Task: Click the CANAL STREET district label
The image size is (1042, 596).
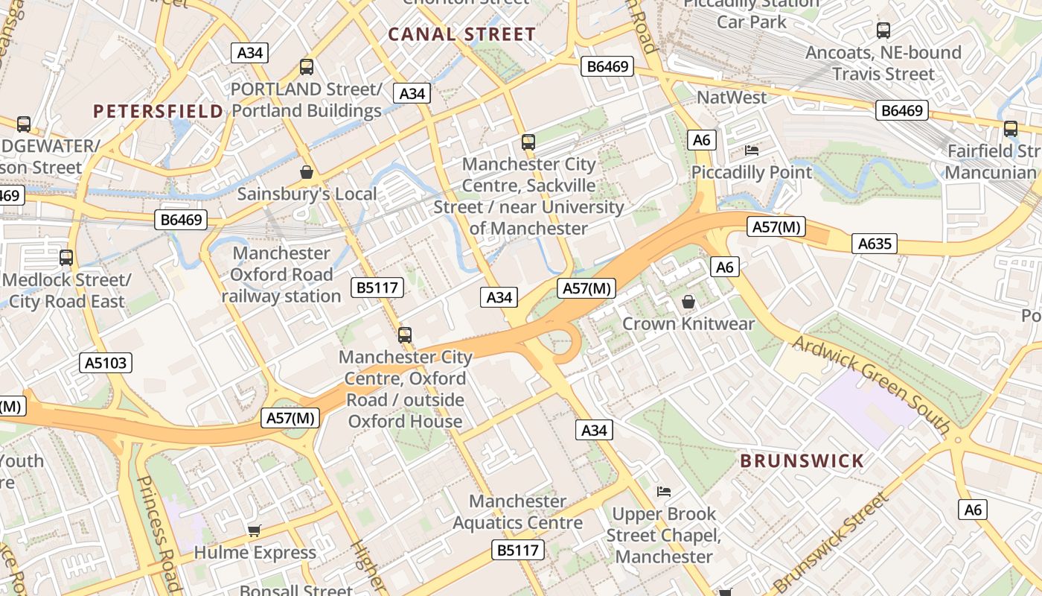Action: tap(461, 34)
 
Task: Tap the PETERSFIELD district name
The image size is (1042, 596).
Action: tap(158, 112)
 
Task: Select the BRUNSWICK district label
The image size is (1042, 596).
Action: tap(802, 460)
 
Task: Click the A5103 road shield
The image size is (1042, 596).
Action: tap(106, 363)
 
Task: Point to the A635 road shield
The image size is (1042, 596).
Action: tap(875, 244)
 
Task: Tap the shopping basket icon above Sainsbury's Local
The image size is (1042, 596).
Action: tap(306, 173)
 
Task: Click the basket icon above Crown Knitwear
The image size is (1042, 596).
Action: tap(688, 302)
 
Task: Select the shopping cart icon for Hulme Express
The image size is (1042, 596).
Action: tap(255, 530)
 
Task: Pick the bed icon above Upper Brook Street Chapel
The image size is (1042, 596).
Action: tap(664, 492)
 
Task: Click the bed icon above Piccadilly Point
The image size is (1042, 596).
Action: tap(752, 150)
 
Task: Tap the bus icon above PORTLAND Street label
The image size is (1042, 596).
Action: tap(306, 67)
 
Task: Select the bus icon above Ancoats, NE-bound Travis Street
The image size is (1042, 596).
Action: tap(883, 31)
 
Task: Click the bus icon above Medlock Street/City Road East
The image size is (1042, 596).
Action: tap(66, 258)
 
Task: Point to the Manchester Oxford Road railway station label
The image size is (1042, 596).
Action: tap(281, 274)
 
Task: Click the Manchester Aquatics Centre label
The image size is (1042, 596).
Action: tap(517, 512)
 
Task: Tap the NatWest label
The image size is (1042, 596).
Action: tap(731, 98)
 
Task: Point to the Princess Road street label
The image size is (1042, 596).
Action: tap(157, 532)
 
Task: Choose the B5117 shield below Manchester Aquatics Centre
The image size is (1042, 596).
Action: tap(518, 551)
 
